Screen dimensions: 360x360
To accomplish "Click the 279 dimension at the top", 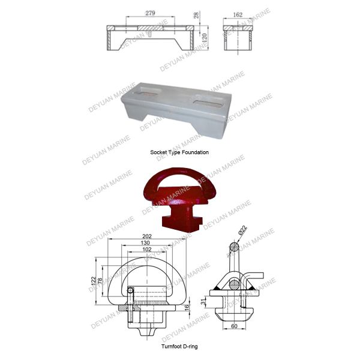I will [x=149, y=13].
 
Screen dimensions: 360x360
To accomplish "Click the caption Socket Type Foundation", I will [x=179, y=152].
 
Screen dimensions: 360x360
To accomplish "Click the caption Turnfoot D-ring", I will [x=179, y=346].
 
